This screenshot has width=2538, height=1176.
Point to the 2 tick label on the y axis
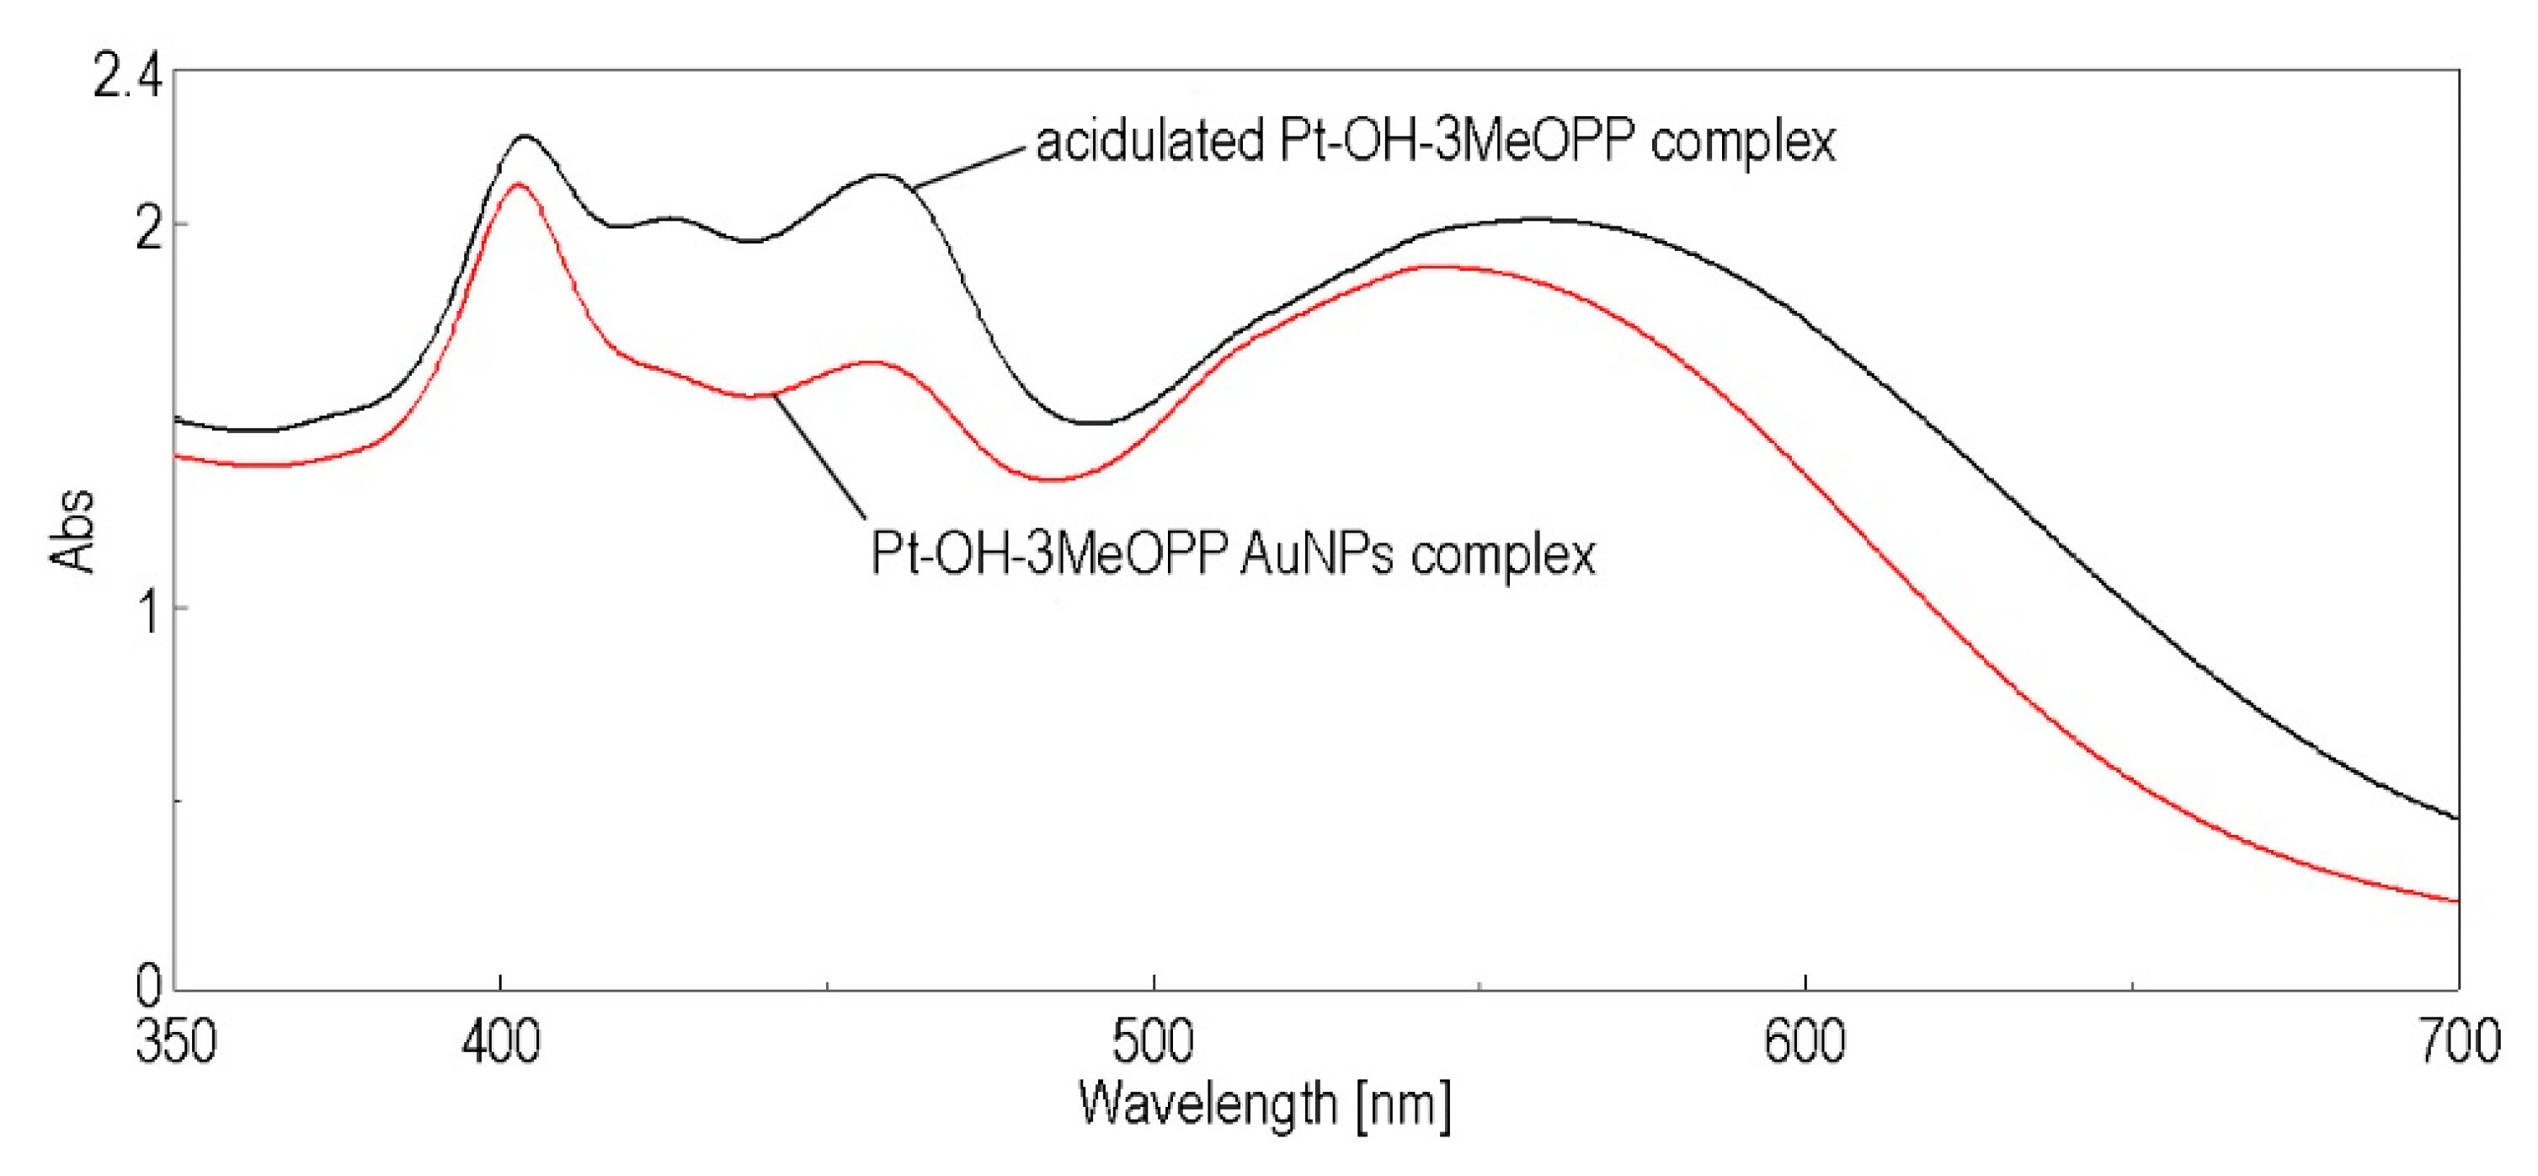(x=147, y=233)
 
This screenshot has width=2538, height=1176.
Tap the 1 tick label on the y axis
(x=149, y=616)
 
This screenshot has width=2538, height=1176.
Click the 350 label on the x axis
(x=175, y=1042)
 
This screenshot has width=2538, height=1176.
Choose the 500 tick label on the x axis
(x=1153, y=1042)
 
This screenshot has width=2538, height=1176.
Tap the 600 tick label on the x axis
(x=1804, y=1042)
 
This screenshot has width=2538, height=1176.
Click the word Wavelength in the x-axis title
(x=1207, y=1105)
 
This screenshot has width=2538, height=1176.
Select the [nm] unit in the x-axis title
(x=1403, y=1105)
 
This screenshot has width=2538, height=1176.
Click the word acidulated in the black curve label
(x=1149, y=143)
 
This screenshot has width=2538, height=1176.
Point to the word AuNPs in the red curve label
(x=1317, y=554)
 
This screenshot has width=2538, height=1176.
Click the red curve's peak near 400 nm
(x=516, y=184)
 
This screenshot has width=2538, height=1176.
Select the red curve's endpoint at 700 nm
(x=2457, y=900)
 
